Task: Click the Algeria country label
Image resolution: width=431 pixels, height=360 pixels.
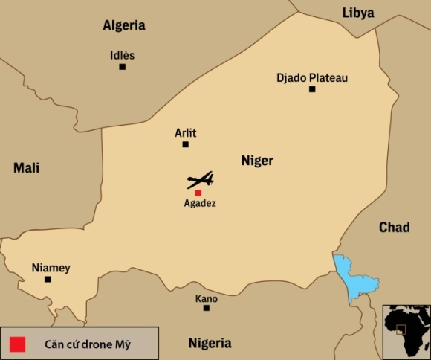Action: (123, 25)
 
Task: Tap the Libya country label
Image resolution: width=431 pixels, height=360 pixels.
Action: (357, 12)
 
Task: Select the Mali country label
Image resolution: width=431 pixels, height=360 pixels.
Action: (26, 168)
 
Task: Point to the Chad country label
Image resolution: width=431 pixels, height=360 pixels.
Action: (394, 227)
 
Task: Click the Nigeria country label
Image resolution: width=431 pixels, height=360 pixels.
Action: (210, 343)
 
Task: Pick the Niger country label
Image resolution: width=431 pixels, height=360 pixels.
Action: (257, 161)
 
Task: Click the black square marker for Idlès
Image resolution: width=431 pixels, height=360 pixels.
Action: (122, 67)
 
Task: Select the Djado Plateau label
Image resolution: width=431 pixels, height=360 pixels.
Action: (312, 77)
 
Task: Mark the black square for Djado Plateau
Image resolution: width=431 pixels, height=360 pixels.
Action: (312, 89)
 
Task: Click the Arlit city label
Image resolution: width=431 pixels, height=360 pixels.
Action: (185, 132)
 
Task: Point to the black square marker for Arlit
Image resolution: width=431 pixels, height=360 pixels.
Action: (185, 144)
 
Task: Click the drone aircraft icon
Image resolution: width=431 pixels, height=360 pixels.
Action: (200, 180)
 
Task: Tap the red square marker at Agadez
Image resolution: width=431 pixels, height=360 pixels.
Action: (198, 193)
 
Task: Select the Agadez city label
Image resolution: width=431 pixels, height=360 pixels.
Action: (199, 203)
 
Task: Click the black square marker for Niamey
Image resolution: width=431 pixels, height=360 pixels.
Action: (48, 280)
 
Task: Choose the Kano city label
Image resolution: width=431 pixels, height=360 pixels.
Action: (206, 298)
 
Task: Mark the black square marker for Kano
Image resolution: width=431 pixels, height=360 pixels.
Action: (206, 308)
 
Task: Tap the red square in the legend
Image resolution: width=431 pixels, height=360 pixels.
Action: (18, 344)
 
